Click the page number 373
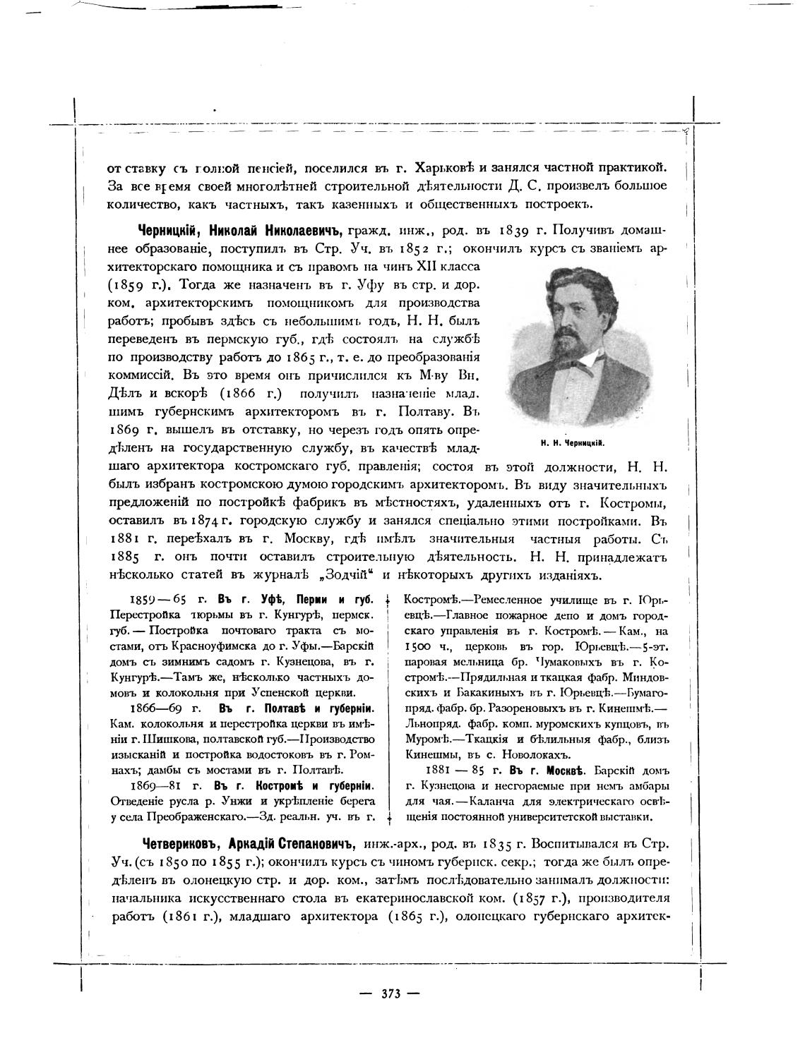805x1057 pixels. tap(390, 993)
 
